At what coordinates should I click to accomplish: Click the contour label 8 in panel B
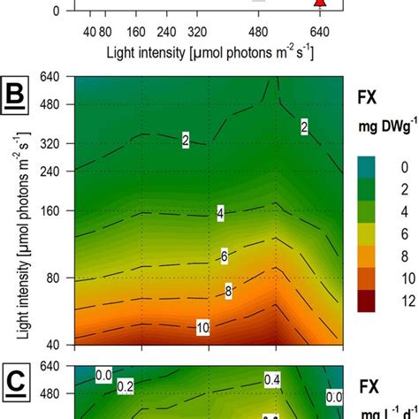(229, 291)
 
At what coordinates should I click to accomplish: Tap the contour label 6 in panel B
(224, 255)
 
